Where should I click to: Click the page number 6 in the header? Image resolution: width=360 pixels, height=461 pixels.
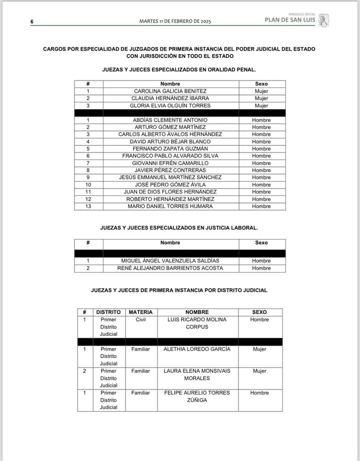point(31,22)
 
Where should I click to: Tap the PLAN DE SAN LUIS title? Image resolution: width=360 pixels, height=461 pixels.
point(289,20)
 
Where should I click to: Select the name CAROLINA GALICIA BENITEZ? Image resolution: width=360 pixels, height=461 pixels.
point(170,91)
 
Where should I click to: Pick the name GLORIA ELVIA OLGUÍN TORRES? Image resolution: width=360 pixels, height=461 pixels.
point(170,105)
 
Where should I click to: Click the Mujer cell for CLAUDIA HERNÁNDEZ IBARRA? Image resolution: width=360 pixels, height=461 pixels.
point(261,98)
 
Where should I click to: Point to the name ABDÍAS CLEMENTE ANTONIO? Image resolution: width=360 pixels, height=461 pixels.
point(170,120)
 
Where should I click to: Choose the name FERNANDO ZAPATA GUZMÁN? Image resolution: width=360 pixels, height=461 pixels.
point(170,148)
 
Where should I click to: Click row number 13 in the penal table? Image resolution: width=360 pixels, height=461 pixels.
point(88,206)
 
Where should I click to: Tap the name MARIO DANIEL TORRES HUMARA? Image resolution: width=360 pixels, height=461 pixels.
point(170,206)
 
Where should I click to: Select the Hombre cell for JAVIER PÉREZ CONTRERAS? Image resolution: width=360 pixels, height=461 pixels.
point(261,170)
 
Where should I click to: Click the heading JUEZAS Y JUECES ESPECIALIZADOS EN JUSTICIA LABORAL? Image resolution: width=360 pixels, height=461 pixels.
point(179,227)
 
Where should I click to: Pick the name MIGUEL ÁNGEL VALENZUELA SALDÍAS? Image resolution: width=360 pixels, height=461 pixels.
point(170,261)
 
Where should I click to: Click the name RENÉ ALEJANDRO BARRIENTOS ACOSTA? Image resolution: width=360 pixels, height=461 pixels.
point(170,268)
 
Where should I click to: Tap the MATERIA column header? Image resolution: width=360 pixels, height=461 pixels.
point(140,312)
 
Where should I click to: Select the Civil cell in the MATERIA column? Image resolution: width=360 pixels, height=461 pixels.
point(140,319)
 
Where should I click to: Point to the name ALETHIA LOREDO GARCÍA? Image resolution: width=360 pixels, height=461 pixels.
point(197,349)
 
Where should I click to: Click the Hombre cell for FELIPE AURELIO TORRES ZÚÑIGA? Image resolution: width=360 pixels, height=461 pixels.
point(259,393)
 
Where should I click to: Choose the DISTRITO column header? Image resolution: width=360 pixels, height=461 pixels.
point(108,312)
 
